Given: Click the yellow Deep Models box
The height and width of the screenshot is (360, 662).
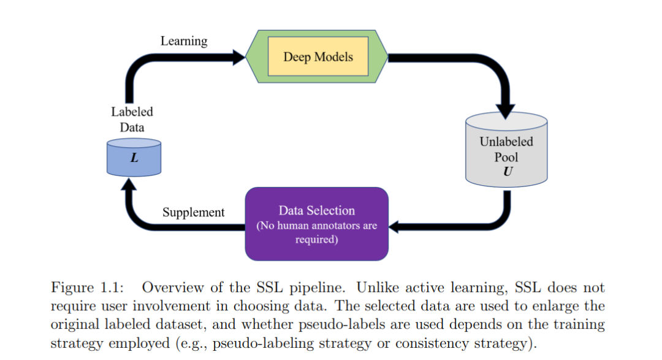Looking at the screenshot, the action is coord(318,56).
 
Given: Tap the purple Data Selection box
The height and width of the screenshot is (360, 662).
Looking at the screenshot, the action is coord(317,224).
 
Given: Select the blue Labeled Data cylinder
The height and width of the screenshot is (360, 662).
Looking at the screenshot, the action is coord(134,157).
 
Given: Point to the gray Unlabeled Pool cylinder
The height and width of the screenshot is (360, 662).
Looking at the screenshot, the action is coord(506,150).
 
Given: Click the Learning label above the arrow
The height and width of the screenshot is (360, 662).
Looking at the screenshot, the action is coord(184,42).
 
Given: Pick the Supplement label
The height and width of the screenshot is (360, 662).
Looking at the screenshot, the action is coord(193,212).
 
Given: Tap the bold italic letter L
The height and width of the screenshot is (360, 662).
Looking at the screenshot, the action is coord(134,158).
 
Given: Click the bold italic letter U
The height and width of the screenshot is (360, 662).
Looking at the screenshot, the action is coord(508,172).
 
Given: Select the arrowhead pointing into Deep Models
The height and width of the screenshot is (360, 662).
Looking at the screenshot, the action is coord(239,57).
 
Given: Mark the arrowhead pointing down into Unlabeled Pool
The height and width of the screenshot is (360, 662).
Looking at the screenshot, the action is coord(505,111).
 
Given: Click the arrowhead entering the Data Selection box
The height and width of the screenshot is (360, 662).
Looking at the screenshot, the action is coord(394,227).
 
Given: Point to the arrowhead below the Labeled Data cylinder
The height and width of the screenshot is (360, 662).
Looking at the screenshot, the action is coord(129,184).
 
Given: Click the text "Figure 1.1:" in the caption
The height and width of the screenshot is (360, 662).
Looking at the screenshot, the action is coord(88,287).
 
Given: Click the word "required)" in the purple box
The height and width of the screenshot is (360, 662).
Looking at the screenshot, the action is coord(317,240).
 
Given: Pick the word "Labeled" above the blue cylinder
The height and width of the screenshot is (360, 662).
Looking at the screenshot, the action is coord(132,112).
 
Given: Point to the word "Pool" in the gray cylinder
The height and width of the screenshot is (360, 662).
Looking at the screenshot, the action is coord(506,157).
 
